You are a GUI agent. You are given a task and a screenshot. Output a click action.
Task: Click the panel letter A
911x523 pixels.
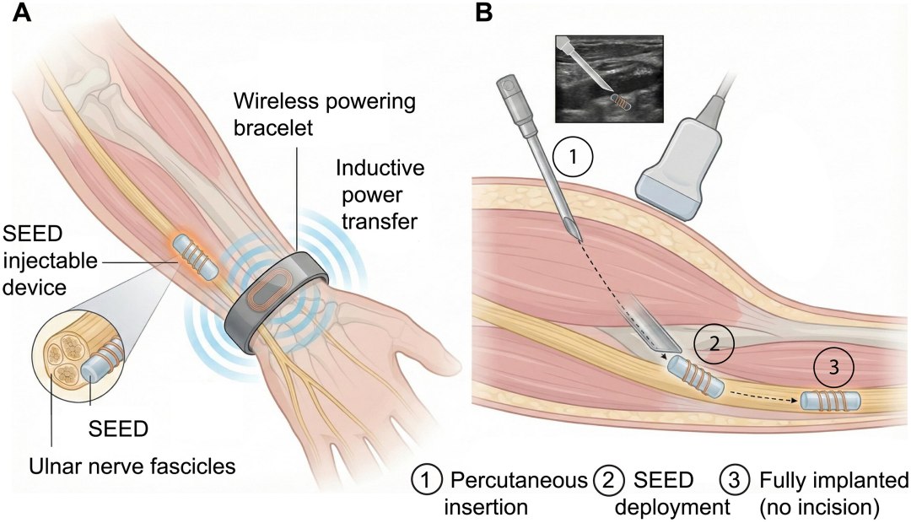coord(22,13)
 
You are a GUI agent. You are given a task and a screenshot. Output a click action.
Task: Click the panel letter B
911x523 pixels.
coord(483,13)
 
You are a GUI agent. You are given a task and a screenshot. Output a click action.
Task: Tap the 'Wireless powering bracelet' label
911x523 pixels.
coord(324,114)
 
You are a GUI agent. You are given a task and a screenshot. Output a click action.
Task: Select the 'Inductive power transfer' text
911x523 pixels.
coord(380,195)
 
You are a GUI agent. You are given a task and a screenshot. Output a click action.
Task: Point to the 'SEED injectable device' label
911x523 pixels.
coord(50,261)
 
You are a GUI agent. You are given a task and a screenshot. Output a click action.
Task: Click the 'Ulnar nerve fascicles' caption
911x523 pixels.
coord(132,466)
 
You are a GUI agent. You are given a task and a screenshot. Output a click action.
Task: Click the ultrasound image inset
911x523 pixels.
coord(610,78)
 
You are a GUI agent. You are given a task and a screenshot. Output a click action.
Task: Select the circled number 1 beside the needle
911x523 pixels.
coord(572,157)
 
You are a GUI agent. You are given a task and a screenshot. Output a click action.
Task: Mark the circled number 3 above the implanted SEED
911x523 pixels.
coord(833,367)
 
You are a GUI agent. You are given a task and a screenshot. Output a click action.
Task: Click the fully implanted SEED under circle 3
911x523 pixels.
coord(831,401)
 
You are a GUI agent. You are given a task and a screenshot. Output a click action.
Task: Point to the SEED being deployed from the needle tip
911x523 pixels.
coord(696,378)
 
